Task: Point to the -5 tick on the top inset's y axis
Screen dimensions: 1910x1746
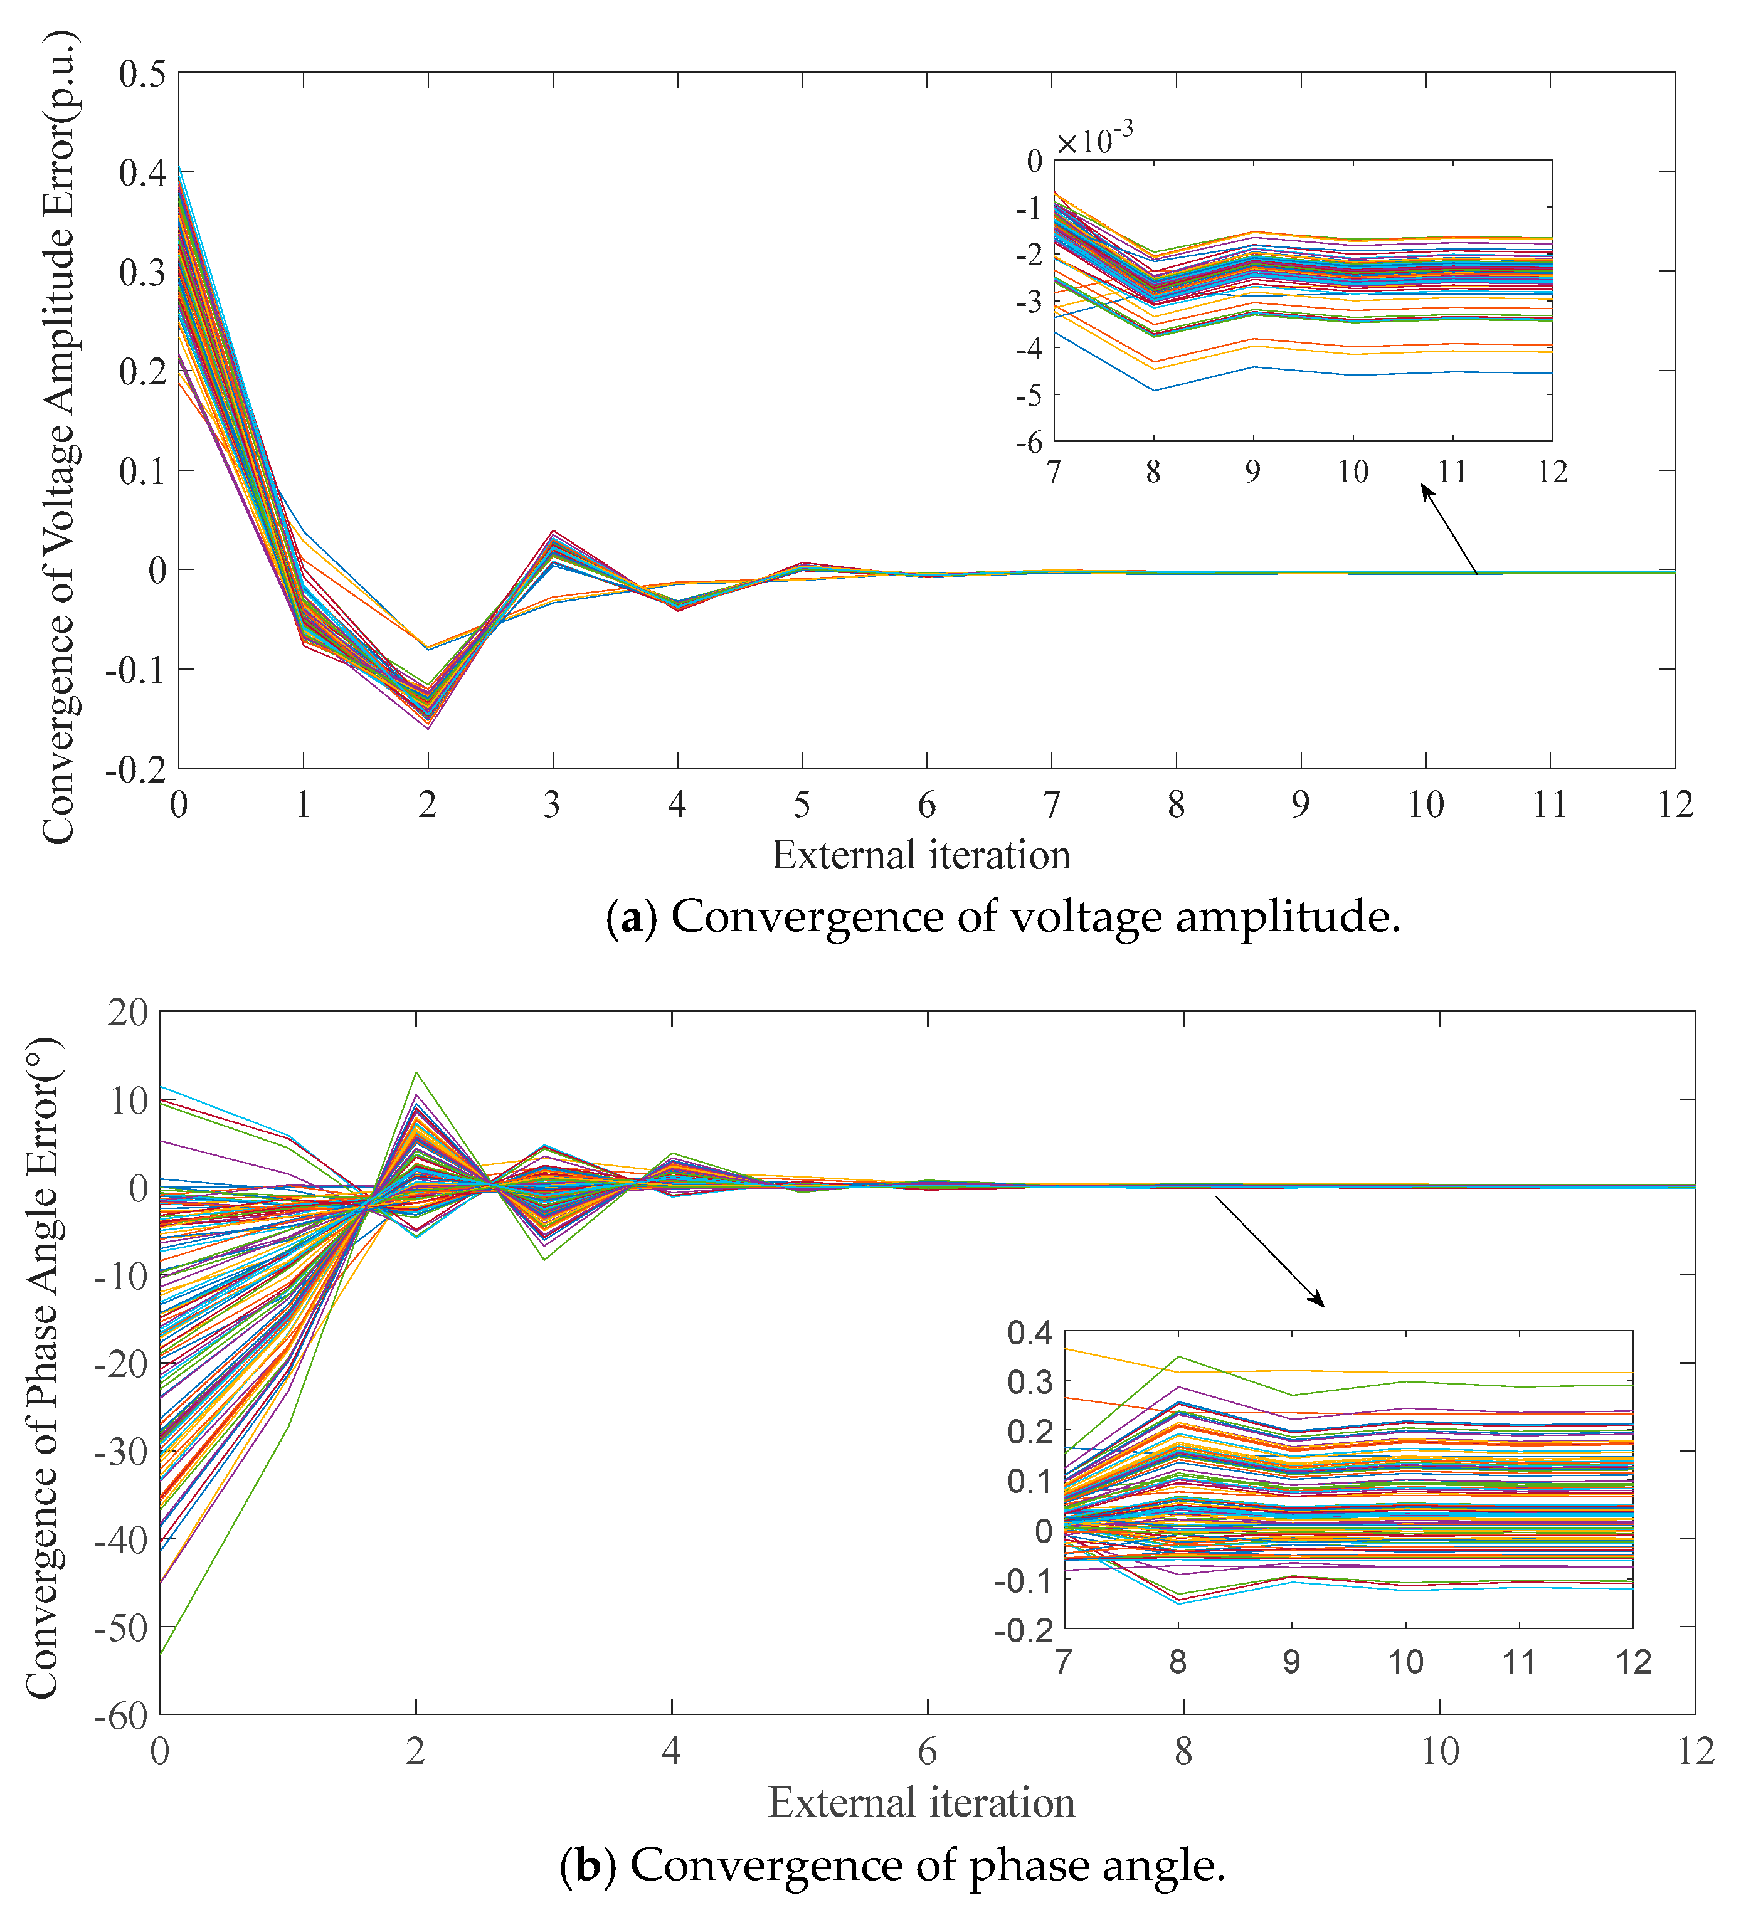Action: point(1029,394)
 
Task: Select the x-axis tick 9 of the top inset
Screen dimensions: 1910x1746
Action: point(1252,471)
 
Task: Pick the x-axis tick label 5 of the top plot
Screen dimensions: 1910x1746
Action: point(802,805)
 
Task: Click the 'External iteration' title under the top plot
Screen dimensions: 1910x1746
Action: point(920,855)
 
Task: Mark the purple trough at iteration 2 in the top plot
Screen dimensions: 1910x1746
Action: point(428,727)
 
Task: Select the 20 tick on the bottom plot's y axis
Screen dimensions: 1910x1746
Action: point(128,1012)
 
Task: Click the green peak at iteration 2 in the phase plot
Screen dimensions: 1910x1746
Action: point(416,1074)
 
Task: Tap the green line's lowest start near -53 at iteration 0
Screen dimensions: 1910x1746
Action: point(162,1652)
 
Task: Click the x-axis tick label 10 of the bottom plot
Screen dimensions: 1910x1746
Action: point(1439,1753)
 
